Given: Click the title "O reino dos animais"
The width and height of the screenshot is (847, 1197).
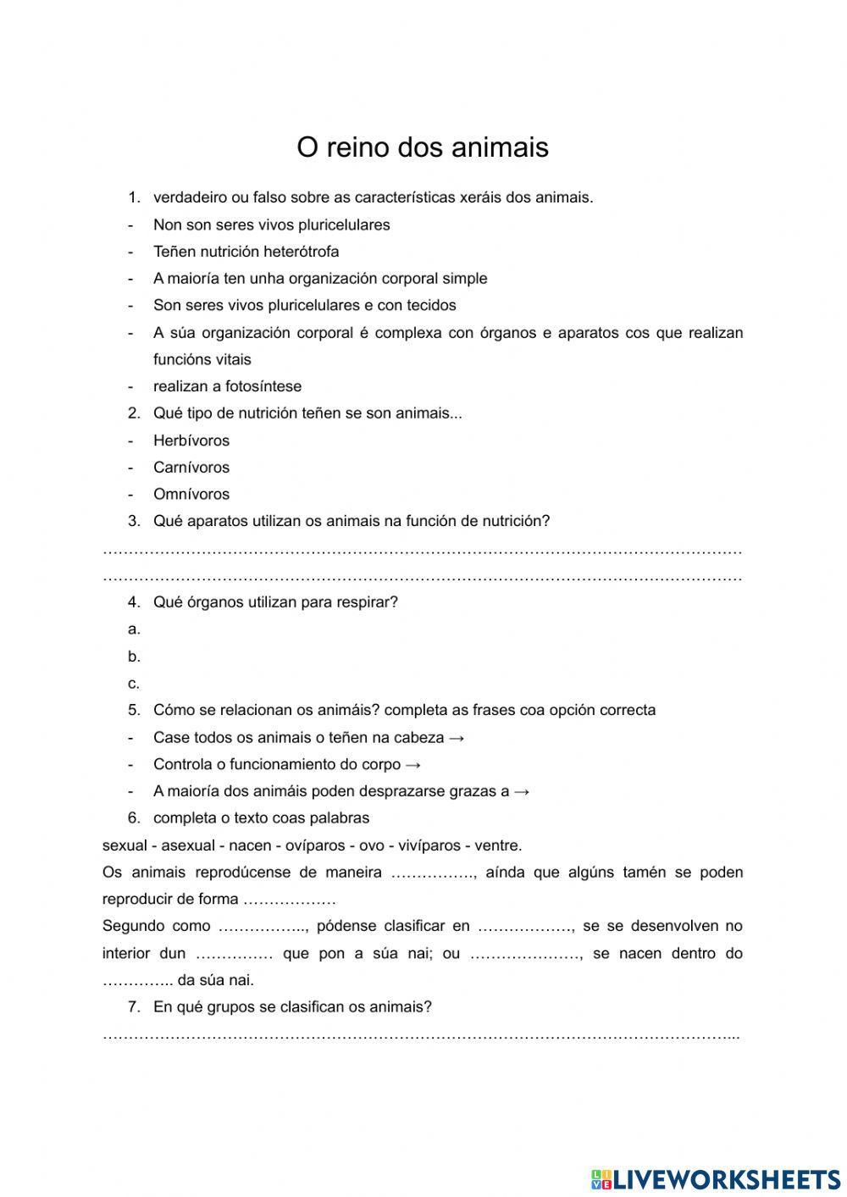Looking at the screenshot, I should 422,147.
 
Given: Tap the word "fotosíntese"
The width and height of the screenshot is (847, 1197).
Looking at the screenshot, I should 263,386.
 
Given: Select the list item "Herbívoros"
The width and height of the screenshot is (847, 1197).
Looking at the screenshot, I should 191,441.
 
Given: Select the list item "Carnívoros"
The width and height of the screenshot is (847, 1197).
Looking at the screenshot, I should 191,468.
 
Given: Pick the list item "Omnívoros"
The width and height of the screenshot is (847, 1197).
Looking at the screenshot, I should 191,495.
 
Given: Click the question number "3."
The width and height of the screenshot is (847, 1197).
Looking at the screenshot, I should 134,521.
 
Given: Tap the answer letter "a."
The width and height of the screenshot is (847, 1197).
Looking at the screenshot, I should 134,629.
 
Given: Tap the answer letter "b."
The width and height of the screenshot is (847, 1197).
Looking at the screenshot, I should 134,657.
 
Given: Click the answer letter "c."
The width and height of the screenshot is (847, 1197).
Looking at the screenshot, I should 134,684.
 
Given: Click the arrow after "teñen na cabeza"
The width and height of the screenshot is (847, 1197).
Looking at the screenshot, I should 457,738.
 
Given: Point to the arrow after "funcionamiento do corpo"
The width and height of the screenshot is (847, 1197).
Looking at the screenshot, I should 413,765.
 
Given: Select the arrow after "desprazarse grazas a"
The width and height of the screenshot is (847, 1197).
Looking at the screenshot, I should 522,792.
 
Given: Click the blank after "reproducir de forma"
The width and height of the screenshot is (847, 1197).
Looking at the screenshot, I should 290,900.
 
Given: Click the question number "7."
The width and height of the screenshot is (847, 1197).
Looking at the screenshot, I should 134,1007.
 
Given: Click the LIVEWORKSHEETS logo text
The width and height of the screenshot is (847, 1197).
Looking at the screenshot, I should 726,1178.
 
